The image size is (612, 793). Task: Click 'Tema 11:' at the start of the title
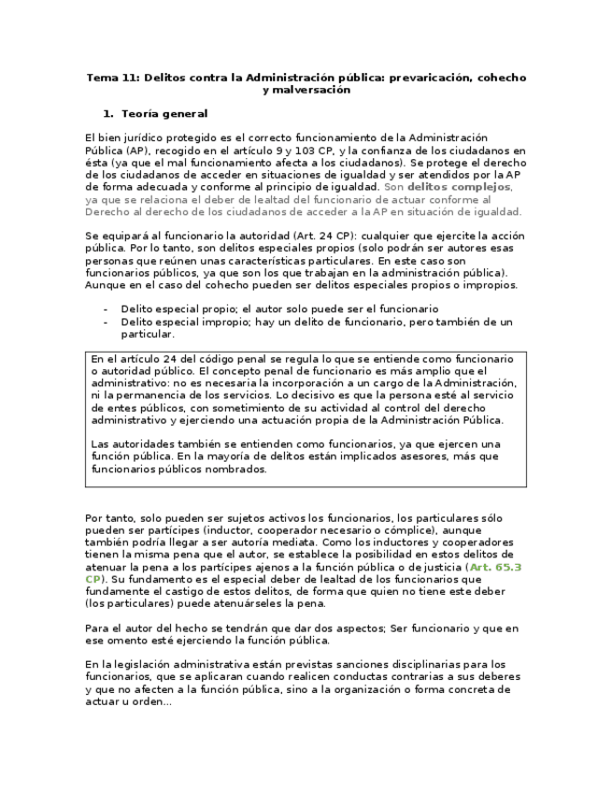[111, 78]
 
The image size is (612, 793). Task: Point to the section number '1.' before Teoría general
[108, 114]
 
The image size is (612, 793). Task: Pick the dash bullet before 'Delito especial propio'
[106, 309]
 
